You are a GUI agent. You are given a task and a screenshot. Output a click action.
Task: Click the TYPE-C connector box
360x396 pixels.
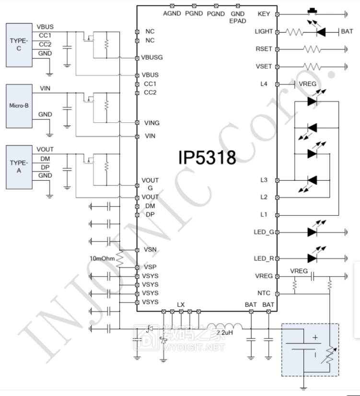19,45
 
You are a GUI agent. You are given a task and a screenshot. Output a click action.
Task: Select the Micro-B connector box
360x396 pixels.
19,105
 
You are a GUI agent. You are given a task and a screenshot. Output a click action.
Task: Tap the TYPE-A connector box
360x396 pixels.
19,166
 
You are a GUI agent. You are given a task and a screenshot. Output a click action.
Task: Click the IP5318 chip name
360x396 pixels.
207,157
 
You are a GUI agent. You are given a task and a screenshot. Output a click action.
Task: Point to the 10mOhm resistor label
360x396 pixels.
102,258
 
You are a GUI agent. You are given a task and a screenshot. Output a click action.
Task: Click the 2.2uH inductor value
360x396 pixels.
225,332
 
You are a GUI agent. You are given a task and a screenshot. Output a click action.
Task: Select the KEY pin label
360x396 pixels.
264,14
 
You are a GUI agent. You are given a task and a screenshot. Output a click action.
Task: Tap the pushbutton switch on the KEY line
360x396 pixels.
314,11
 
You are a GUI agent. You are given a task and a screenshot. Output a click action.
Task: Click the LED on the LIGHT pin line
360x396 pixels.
321,32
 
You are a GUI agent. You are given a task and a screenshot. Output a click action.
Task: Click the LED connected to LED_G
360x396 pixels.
313,232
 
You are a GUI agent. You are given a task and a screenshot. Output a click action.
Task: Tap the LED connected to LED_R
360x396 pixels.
313,258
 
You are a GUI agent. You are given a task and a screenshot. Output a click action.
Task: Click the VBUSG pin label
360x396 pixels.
152,58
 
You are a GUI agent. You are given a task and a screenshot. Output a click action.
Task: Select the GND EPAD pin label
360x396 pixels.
238,17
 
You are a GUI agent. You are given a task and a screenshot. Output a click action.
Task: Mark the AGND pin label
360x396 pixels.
172,13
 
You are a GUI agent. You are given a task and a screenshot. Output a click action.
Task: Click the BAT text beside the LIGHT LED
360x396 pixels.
347,32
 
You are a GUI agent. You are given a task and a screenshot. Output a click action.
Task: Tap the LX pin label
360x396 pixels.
181,304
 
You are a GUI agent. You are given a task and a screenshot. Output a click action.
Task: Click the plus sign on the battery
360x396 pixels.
315,338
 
